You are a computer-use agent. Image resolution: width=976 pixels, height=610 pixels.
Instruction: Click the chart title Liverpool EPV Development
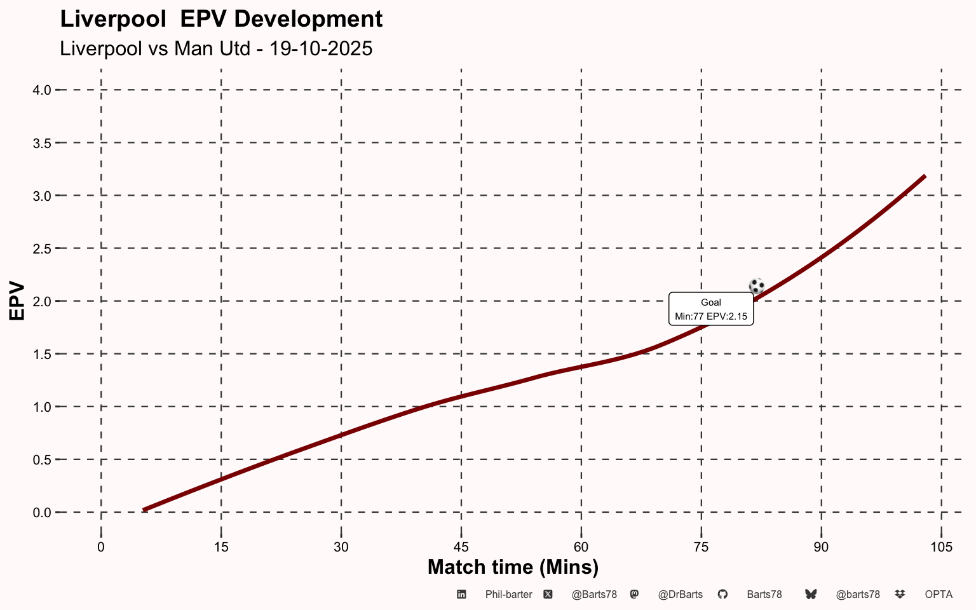[x=221, y=19]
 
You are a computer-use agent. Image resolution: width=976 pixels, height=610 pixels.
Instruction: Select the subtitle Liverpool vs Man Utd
[x=216, y=48]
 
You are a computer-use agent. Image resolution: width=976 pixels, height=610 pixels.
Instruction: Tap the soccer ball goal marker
[x=756, y=287]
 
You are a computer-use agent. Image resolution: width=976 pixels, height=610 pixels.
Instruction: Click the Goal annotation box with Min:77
[x=711, y=309]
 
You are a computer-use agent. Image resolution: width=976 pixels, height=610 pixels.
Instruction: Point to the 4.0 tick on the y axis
[x=42, y=90]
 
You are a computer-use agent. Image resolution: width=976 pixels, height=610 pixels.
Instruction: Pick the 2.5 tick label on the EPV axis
[x=42, y=248]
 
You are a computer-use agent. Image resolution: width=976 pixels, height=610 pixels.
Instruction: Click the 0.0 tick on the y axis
[x=42, y=512]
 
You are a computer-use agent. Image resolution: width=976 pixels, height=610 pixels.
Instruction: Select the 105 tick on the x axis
[x=941, y=547]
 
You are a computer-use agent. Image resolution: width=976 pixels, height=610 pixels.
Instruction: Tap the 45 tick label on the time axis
[x=461, y=547]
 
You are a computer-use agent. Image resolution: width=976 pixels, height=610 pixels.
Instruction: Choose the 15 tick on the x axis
[x=221, y=547]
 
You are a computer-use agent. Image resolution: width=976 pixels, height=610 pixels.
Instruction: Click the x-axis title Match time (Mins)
[x=513, y=567]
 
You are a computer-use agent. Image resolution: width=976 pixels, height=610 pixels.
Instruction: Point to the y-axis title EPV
[x=17, y=301]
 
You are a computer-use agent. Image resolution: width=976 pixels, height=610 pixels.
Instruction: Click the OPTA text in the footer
[x=939, y=595]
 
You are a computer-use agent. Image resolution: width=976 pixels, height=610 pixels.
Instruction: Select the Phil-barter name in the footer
[x=508, y=595]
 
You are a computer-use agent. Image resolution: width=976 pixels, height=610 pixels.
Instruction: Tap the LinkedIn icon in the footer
[x=462, y=595]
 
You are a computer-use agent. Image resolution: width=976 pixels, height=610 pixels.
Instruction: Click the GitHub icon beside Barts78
[x=722, y=595]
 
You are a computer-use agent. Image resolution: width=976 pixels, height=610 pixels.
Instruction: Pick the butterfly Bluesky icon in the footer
[x=811, y=595]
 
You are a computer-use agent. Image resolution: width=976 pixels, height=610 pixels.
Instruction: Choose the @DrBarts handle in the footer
[x=681, y=595]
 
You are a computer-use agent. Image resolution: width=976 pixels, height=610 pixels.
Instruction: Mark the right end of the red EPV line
[x=925, y=176]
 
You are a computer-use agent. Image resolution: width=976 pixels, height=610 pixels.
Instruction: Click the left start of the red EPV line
[x=145, y=509]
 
